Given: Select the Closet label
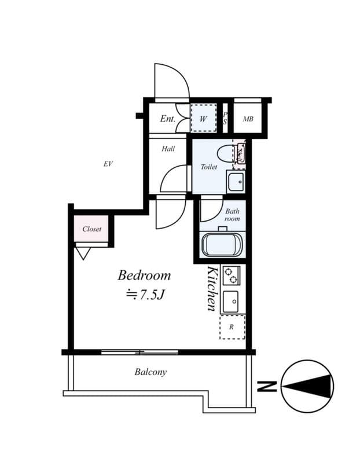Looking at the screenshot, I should (x=91, y=229).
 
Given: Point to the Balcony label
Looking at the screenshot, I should (x=150, y=372).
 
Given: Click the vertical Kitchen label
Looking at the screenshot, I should (x=212, y=289).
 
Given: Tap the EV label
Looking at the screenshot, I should (x=107, y=164).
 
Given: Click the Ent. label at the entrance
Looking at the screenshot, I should (x=167, y=119).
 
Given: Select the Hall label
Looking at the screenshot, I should (x=168, y=149).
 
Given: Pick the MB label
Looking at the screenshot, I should (x=248, y=119).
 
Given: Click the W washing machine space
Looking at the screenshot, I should (x=203, y=119).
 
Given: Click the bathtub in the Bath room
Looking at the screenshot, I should (x=223, y=244).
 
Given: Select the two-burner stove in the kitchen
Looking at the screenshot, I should (x=231, y=275).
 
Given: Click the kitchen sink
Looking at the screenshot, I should (x=232, y=301).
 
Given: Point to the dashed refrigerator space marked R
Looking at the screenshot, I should (x=232, y=327).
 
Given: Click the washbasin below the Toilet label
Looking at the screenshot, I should (x=236, y=182).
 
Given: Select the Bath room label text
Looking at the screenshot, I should (x=232, y=215).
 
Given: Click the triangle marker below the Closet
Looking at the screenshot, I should (x=83, y=252).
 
